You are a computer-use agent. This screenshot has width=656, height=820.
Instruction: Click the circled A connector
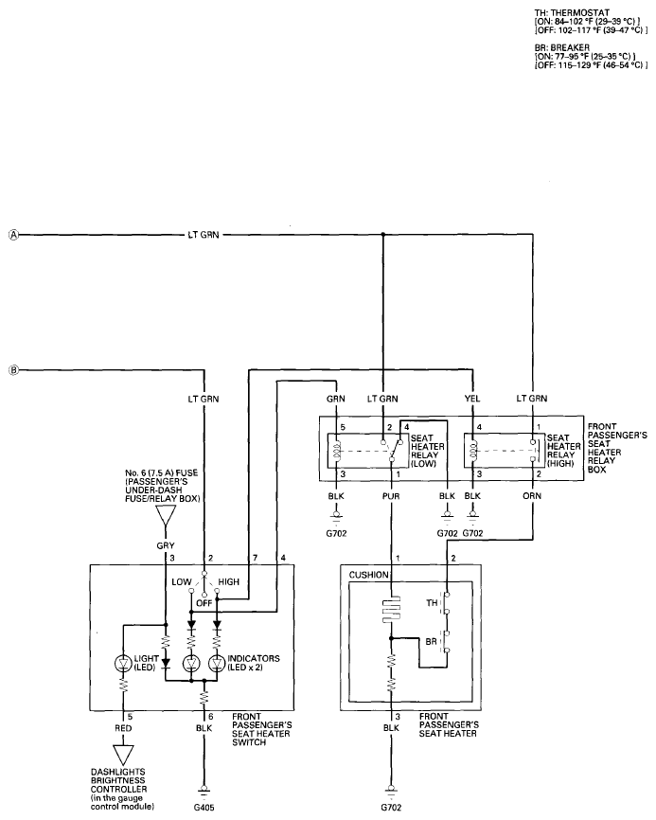point(13,236)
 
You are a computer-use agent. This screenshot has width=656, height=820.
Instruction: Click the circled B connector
point(13,370)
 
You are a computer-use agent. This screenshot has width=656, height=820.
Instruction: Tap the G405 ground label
point(204,807)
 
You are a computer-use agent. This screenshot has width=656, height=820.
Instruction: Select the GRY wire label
point(166,545)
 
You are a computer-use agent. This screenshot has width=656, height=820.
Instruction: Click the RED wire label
point(123,728)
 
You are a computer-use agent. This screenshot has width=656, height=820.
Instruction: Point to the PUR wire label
point(391,496)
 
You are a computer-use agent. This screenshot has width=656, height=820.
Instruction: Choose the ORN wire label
point(532,496)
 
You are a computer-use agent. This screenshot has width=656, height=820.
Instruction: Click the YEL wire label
point(472,399)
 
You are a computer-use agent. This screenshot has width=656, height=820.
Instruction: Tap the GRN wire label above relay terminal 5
point(336,399)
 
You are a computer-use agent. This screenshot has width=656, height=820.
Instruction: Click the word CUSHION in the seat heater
point(369,575)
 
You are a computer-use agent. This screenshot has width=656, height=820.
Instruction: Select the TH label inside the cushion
point(432,603)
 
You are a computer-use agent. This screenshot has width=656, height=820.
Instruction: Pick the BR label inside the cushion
point(432,641)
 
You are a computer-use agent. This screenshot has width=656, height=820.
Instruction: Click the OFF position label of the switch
point(204,603)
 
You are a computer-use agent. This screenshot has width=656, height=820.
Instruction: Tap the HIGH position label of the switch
point(228,581)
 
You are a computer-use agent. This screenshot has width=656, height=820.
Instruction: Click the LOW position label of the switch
point(182,581)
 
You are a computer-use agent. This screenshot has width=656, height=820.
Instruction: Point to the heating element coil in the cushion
point(391,609)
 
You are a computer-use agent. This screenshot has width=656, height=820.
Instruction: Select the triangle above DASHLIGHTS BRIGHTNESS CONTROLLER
point(123,756)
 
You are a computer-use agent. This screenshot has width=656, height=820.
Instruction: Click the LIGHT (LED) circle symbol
point(123,664)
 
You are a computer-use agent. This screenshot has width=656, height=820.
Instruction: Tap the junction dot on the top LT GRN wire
point(382,235)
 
